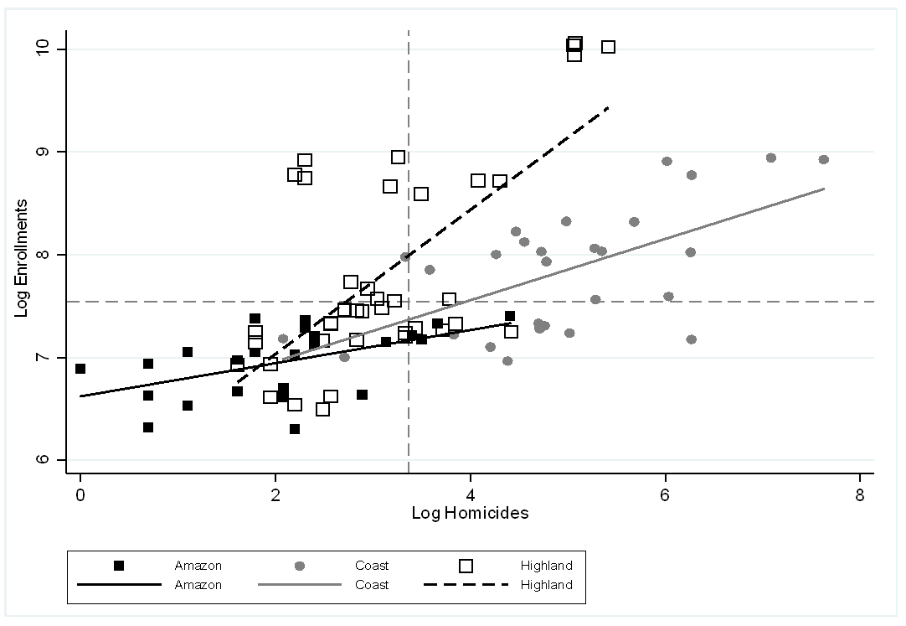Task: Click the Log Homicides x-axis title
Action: pyautogui.click(x=470, y=513)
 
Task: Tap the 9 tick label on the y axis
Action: pyautogui.click(x=50, y=153)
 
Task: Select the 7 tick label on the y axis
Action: pyautogui.click(x=50, y=358)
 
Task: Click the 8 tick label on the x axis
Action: pyautogui.click(x=860, y=493)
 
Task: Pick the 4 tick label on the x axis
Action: pyautogui.click(x=471, y=493)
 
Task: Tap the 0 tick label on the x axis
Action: pyautogui.click(x=80, y=493)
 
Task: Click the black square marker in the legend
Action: pyautogui.click(x=119, y=566)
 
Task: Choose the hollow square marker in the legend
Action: pyautogui.click(x=466, y=566)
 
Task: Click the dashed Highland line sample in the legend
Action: pyautogui.click(x=466, y=585)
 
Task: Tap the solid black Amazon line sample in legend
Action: pyautogui.click(x=119, y=585)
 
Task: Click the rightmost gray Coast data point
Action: pyautogui.click(x=823, y=159)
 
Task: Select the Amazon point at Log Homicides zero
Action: pyautogui.click(x=80, y=369)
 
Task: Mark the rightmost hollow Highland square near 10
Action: pyautogui.click(x=608, y=47)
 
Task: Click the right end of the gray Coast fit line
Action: pyautogui.click(x=825, y=189)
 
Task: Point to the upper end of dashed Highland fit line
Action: pyautogui.click(x=609, y=107)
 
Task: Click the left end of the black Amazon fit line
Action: pyautogui.click(x=81, y=396)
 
